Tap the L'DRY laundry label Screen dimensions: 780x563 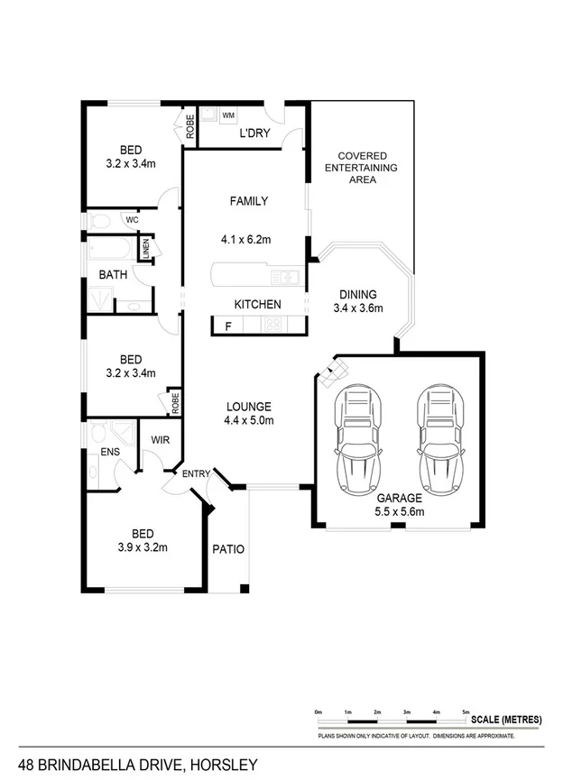click(x=255, y=133)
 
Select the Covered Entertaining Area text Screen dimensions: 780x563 click(x=361, y=167)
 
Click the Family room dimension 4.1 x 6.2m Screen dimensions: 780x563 click(x=245, y=240)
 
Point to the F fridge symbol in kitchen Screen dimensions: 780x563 click(x=228, y=326)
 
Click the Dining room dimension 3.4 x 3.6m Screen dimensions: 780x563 click(x=358, y=308)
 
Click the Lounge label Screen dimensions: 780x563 click(x=248, y=406)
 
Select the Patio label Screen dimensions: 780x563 click(x=228, y=548)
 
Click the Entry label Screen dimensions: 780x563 click(x=196, y=474)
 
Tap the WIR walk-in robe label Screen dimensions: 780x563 click(x=161, y=441)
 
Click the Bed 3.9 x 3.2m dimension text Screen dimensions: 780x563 click(x=143, y=546)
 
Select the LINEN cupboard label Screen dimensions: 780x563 click(x=146, y=249)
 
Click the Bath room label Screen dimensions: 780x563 click(x=113, y=275)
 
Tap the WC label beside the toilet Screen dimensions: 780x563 click(x=132, y=219)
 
